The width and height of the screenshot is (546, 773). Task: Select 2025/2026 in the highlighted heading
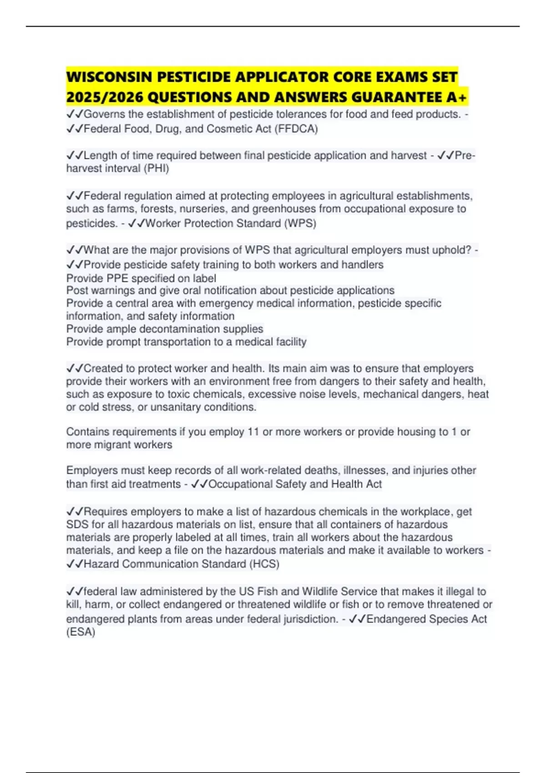pos(105,97)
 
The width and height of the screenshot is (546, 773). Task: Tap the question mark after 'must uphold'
pos(468,250)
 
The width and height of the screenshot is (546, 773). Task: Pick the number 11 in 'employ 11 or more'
pos(253,432)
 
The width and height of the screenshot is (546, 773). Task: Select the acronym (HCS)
pos(264,564)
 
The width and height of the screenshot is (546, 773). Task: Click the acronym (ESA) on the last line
pos(81,632)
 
